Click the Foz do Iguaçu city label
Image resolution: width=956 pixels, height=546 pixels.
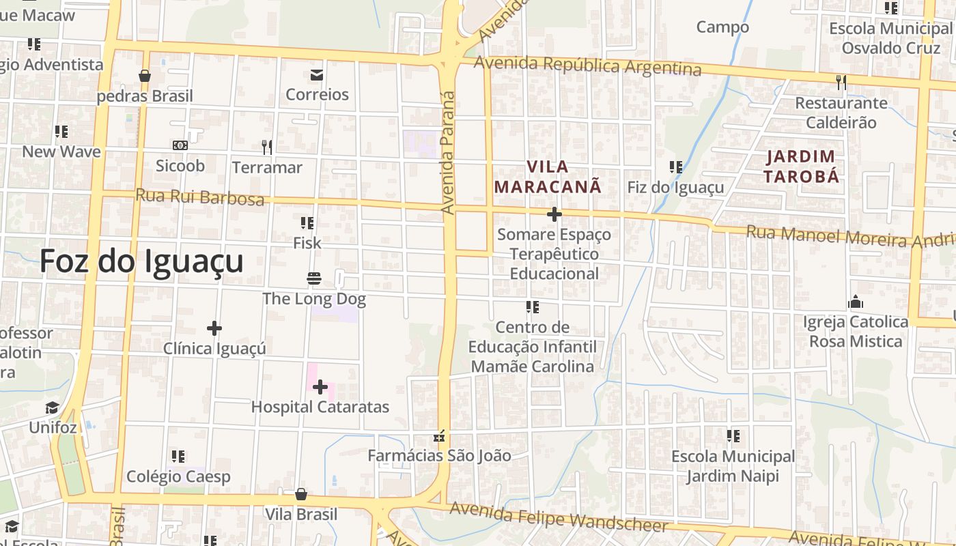pyautogui.click(x=141, y=261)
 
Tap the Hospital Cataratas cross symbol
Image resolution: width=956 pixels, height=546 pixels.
pyautogui.click(x=320, y=388)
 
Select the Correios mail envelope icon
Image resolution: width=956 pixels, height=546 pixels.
pyautogui.click(x=317, y=74)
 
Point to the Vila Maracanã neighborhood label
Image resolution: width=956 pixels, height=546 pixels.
pyautogui.click(x=548, y=176)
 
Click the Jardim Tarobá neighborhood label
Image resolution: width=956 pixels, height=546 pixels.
pyautogui.click(x=801, y=166)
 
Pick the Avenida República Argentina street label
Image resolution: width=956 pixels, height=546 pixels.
pyautogui.click(x=587, y=66)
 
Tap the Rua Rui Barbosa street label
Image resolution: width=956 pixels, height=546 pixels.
pyautogui.click(x=199, y=197)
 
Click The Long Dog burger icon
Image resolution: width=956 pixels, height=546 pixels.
pyautogui.click(x=314, y=278)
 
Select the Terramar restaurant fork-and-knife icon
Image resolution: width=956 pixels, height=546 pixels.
pyautogui.click(x=267, y=147)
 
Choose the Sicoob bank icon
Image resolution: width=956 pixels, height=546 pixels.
pyautogui.click(x=180, y=145)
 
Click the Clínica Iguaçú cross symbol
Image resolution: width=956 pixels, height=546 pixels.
pyautogui.click(x=214, y=328)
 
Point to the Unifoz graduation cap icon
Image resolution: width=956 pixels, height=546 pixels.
pyautogui.click(x=53, y=408)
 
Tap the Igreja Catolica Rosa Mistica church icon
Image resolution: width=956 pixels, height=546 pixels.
pyautogui.click(x=856, y=302)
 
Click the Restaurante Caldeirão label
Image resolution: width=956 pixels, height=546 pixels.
pyautogui.click(x=841, y=113)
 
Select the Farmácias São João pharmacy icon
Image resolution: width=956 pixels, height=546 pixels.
pyautogui.click(x=440, y=435)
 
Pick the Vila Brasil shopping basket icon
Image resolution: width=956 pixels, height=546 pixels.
pyautogui.click(x=301, y=494)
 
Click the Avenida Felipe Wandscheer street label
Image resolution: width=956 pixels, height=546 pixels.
pyautogui.click(x=558, y=517)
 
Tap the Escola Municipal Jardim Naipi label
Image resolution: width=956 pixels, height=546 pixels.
pyautogui.click(x=733, y=465)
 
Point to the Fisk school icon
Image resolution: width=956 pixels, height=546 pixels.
pyautogui.click(x=307, y=223)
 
